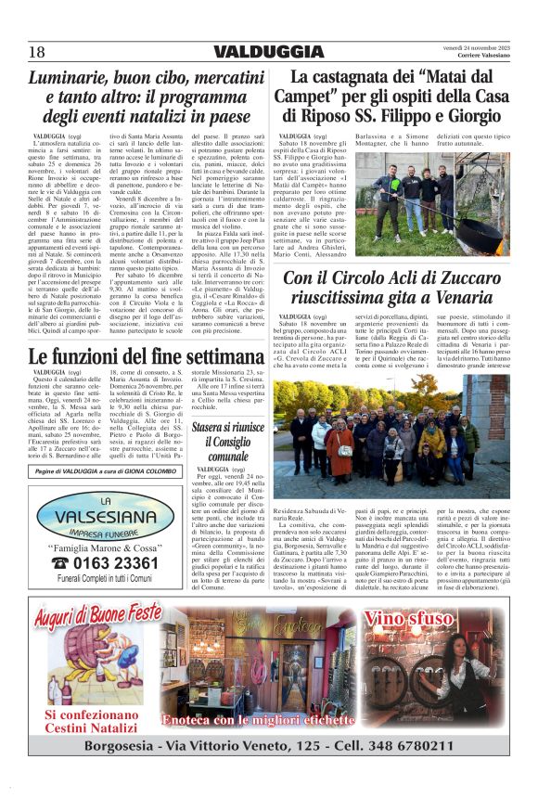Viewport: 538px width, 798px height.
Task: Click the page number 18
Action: pyautogui.click(x=36, y=51)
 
